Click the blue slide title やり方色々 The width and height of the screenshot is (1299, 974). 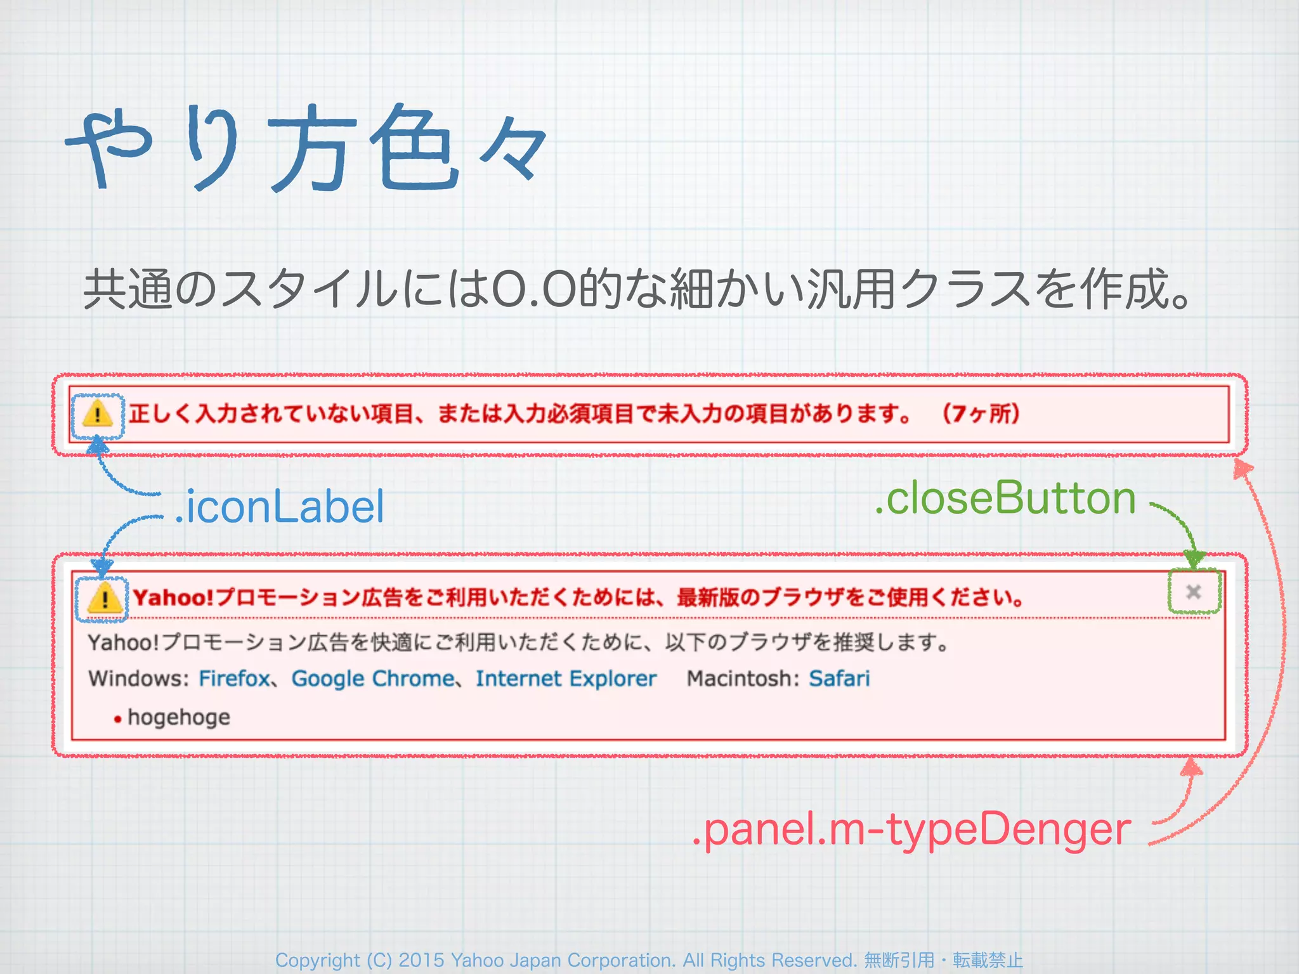304,149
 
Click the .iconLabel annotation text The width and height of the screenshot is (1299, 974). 280,507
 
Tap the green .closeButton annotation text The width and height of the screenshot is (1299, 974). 1005,498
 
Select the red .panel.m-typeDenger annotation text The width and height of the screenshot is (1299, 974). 911,829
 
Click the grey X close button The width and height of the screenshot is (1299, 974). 1193,592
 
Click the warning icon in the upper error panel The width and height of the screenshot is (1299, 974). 97,415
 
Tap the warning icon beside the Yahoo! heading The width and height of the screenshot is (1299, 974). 103,598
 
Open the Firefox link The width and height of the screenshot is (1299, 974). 234,679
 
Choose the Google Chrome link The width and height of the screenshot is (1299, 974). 372,679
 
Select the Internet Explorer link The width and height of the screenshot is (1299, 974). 566,679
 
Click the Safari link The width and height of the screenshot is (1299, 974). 839,679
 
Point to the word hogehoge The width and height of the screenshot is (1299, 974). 179,717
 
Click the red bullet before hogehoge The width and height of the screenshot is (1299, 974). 117,719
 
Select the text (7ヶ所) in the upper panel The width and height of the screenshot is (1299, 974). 981,413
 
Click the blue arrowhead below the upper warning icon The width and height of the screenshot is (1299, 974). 97,446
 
